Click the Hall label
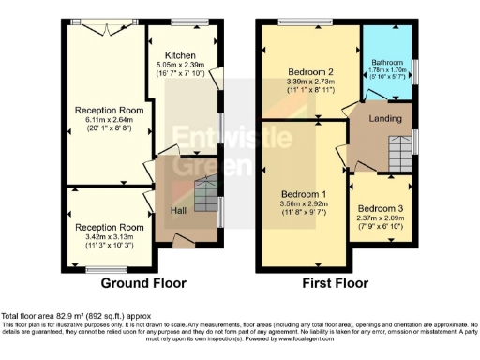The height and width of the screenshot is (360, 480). [x=178, y=210]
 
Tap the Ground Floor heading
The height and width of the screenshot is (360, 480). [x=142, y=282]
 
